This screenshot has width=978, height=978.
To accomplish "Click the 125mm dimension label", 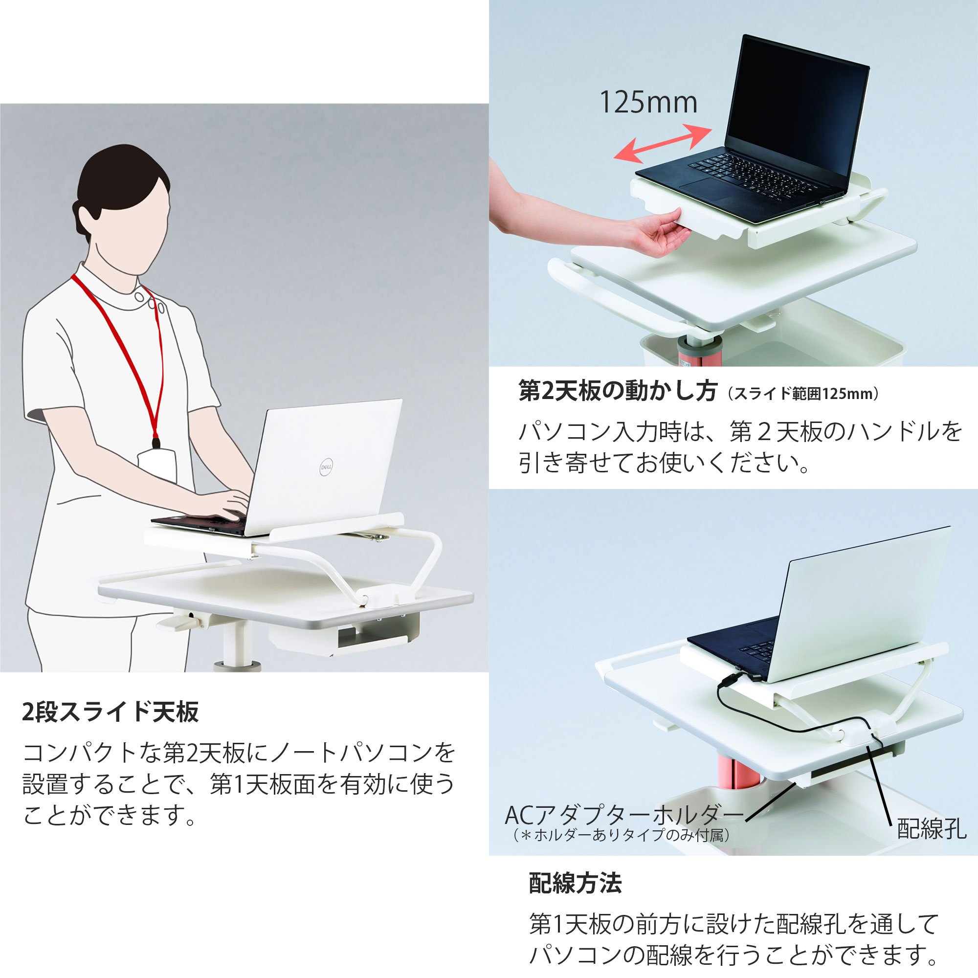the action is click(x=648, y=103).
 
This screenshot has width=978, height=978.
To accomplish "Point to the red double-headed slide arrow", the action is click(x=663, y=144).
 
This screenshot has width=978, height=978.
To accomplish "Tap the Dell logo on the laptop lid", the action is click(x=327, y=467).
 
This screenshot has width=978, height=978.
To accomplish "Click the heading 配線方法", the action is click(x=575, y=883).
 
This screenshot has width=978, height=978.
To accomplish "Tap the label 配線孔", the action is click(x=932, y=829).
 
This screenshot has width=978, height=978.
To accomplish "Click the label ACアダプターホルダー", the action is click(x=623, y=816).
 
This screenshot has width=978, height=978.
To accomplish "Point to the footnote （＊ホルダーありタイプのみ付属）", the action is click(x=622, y=835).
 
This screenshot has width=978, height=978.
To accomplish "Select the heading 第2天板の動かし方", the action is click(x=618, y=391).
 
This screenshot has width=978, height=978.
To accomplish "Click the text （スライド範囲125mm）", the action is click(x=803, y=394).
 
